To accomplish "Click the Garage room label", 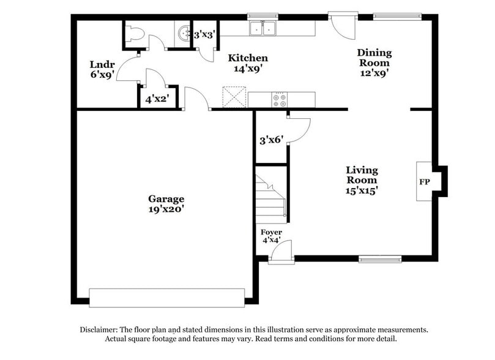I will (166, 204).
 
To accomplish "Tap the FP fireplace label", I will (423, 182).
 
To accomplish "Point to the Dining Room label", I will (374, 62).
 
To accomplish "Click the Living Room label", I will (362, 180).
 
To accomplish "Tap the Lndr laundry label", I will (102, 69).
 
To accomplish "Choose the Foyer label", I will (271, 236).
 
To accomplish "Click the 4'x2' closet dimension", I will (156, 98).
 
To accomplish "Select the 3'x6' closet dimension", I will (270, 140).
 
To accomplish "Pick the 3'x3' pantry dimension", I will (204, 36).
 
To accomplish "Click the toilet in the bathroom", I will (135, 34).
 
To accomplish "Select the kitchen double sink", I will (264, 29).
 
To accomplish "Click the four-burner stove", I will (280, 99).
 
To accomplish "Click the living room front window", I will (380, 259).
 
